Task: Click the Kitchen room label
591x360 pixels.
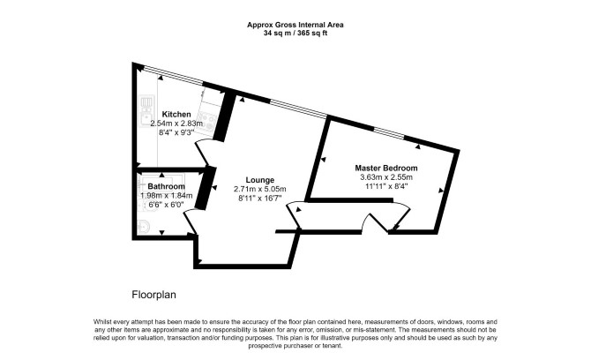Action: click(x=176, y=114)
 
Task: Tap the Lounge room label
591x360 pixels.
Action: click(x=260, y=180)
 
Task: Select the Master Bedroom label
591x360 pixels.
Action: click(x=386, y=168)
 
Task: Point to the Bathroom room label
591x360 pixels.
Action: click(x=166, y=186)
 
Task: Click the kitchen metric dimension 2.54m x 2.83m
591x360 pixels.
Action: click(x=176, y=124)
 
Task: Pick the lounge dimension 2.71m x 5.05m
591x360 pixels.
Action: click(x=260, y=189)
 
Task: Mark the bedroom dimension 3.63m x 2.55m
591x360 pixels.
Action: click(x=386, y=177)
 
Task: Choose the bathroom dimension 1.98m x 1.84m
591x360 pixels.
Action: click(x=166, y=196)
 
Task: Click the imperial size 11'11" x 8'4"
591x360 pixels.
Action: click(x=386, y=186)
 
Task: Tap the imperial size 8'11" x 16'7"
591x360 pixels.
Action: click(x=260, y=199)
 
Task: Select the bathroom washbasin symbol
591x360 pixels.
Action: click(x=144, y=226)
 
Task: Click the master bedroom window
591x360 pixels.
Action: click(x=389, y=133)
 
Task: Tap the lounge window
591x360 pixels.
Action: click(x=298, y=109)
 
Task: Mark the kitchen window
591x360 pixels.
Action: click(x=174, y=75)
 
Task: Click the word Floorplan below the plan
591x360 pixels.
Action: click(x=153, y=295)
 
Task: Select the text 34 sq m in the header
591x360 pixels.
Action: click(x=279, y=33)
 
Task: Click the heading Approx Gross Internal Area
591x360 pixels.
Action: click(x=295, y=25)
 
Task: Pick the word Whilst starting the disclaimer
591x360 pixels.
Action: click(x=102, y=322)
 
